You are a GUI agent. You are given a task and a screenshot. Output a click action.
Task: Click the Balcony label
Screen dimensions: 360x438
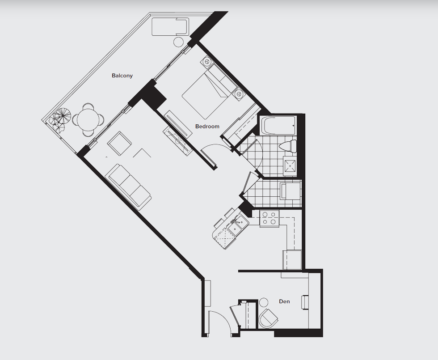[x=122, y=76]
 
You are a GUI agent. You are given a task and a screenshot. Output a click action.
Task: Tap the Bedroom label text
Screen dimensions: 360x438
[x=207, y=126]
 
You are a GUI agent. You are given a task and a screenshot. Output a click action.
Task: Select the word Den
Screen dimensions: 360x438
[x=284, y=301]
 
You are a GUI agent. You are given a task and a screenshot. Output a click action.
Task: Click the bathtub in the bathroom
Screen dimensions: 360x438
[x=278, y=125]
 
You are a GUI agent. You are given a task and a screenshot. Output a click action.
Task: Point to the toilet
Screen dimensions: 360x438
[x=288, y=146]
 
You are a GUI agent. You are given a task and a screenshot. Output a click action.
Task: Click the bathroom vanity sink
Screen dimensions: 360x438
[x=291, y=166]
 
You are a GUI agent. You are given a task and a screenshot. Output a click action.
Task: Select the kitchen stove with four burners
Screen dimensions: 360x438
[x=269, y=218]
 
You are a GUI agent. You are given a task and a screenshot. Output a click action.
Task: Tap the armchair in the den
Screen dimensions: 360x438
[x=268, y=318]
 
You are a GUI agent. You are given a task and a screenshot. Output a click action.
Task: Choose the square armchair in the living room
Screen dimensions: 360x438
[x=120, y=143]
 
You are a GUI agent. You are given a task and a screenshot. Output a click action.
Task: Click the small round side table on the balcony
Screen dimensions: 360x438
[x=178, y=42]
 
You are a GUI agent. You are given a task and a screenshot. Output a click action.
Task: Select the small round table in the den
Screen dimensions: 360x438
[x=263, y=302]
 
